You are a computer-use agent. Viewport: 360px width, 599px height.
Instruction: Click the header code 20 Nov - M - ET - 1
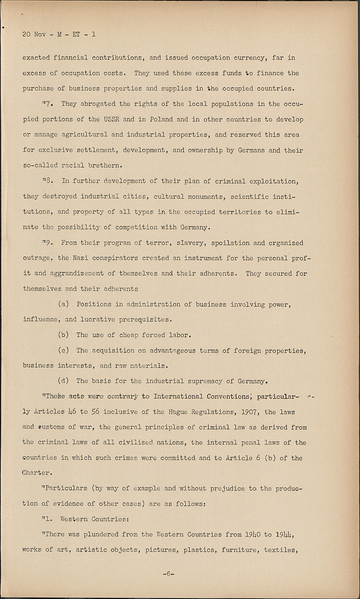59,34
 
